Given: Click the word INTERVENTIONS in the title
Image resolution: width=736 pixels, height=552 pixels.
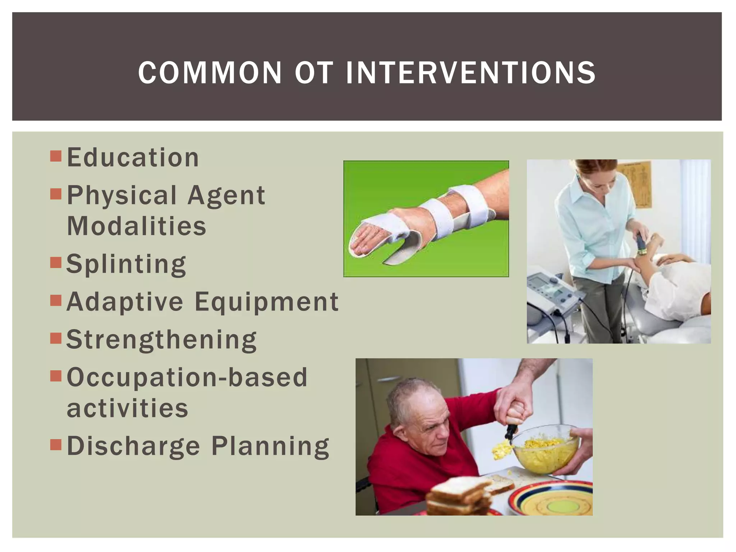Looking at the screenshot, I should tap(470, 73).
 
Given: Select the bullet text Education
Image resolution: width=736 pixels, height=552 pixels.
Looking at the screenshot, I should tap(133, 158).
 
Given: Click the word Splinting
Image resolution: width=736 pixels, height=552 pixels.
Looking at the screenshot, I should tap(126, 264).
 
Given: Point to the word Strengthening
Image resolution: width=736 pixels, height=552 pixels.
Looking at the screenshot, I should tap(161, 340).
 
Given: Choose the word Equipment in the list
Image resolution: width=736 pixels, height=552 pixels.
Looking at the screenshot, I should tap(266, 302).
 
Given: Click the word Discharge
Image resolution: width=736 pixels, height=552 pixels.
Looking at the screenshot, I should tap(133, 446).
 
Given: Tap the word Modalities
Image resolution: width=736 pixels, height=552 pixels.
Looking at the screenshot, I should tap(137, 226).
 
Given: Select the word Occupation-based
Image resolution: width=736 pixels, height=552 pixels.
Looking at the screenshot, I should tap(187, 377).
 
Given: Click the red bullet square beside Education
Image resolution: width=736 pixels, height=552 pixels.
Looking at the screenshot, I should tap(56, 156).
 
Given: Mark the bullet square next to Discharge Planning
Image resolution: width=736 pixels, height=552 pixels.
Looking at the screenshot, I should tap(56, 445).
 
